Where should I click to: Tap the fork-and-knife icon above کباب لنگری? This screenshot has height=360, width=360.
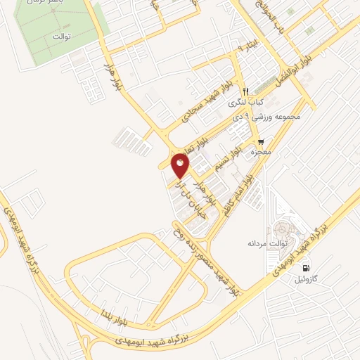pos(245,91)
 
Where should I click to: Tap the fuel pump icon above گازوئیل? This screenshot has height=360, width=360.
pos(305,268)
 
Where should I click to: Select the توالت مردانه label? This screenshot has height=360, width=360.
pos(264,243)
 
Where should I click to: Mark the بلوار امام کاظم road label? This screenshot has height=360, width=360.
pos(245,198)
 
